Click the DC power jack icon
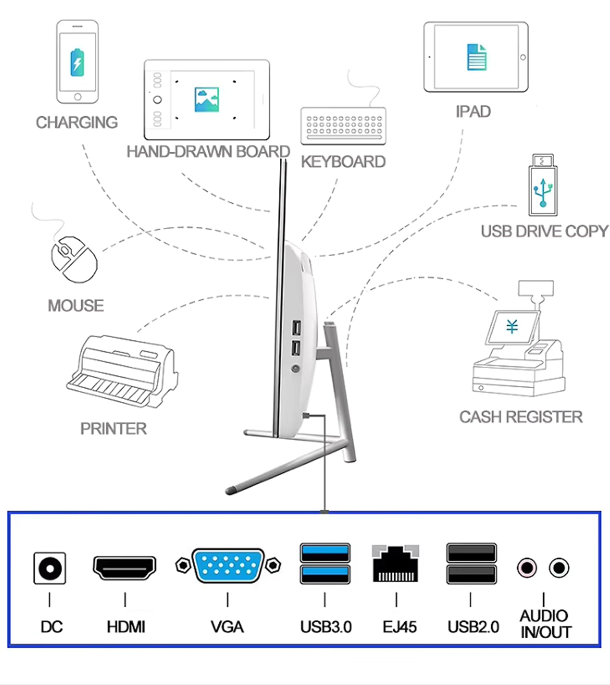pyautogui.click(x=50, y=568)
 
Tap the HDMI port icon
pyautogui.click(x=124, y=568)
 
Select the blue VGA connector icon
pyautogui.click(x=228, y=565)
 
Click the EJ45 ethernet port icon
pyautogui.click(x=395, y=563)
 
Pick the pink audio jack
pyautogui.click(x=527, y=568)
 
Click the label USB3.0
pyautogui.click(x=326, y=627)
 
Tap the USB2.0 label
pyautogui.click(x=473, y=627)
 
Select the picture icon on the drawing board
pyautogui.click(x=207, y=100)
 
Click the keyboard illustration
pyautogui.click(x=343, y=125)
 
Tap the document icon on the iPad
pyautogui.click(x=477, y=57)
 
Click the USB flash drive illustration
pyautogui.click(x=543, y=185)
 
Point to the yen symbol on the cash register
pyautogui.click(x=512, y=326)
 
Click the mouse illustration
pyautogui.click(x=74, y=259)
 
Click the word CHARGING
pyautogui.click(x=77, y=122)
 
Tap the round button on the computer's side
pyautogui.click(x=296, y=369)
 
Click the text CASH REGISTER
pyautogui.click(x=521, y=417)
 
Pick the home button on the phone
pyautogui.click(x=77, y=97)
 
